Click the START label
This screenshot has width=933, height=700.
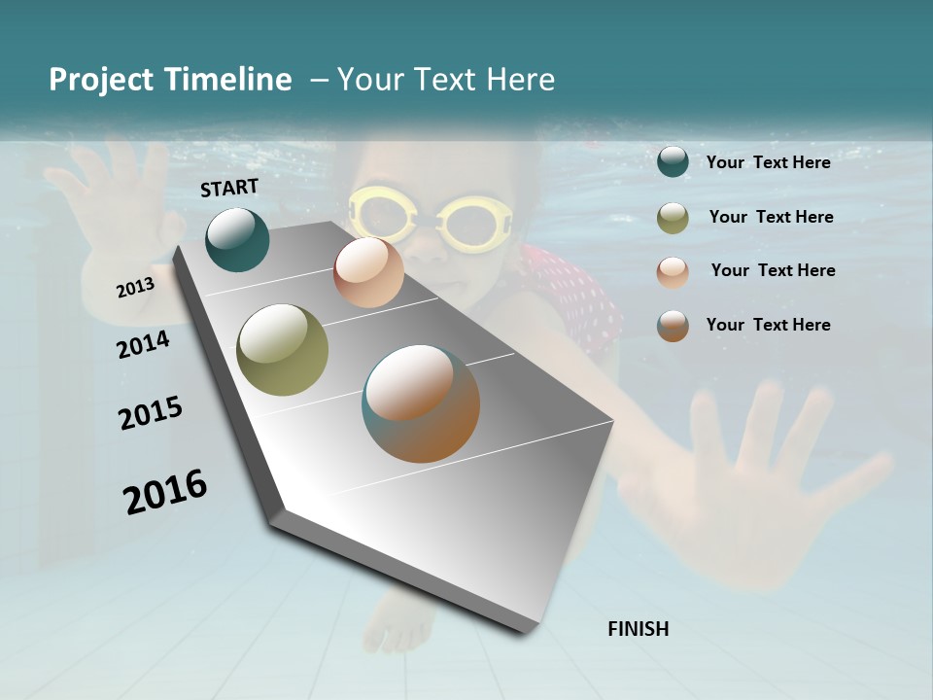click(229, 188)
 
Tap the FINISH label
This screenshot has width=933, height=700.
click(638, 629)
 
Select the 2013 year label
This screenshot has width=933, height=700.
click(135, 287)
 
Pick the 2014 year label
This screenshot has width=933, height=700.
click(143, 344)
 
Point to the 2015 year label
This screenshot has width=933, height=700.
click(151, 413)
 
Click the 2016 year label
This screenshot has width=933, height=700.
click(165, 492)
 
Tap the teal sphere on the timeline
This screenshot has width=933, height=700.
click(237, 239)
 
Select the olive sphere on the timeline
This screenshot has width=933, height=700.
click(283, 350)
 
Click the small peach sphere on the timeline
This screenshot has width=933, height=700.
click(368, 272)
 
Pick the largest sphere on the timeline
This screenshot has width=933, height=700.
click(421, 403)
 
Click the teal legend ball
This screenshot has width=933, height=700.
click(673, 162)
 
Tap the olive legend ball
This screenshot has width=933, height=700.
click(673, 218)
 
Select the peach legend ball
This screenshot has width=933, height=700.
click(673, 272)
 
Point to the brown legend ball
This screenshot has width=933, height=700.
click(673, 326)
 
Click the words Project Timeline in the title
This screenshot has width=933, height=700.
click(170, 80)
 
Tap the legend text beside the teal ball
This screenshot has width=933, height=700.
click(768, 162)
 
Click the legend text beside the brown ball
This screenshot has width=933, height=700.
click(768, 325)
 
